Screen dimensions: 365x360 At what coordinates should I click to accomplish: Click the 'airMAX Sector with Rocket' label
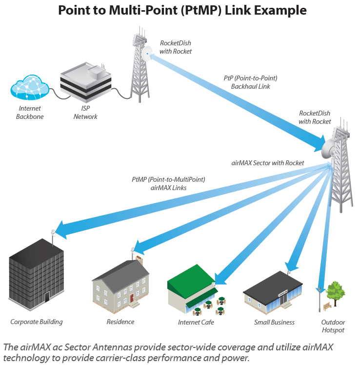click(267, 163)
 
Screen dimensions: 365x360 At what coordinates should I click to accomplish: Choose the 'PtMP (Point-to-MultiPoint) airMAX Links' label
click(168, 183)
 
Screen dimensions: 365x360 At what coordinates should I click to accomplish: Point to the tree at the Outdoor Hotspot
click(336, 291)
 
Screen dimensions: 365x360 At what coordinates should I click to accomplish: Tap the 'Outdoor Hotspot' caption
click(333, 326)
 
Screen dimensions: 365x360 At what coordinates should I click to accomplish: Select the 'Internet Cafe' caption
click(196, 322)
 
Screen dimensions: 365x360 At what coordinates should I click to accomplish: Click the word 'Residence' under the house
click(120, 322)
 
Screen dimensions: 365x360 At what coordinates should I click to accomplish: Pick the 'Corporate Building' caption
click(37, 322)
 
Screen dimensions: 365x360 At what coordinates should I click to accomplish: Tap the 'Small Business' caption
click(274, 322)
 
